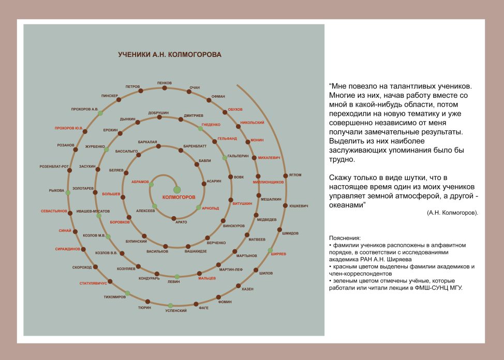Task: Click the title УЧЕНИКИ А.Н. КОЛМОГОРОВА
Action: [170, 54]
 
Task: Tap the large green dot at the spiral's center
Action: [177, 190]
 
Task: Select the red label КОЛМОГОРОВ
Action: [179, 197]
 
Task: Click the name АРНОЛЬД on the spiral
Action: [211, 208]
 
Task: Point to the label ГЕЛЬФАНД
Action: [227, 139]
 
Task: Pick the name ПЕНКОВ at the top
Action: [165, 83]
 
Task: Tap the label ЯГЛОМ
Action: [295, 175]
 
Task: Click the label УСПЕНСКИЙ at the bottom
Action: [176, 310]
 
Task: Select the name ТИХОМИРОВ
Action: [115, 297]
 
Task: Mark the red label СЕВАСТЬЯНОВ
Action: [54, 211]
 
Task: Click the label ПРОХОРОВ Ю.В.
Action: [69, 128]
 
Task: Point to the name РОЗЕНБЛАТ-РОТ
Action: [54, 167]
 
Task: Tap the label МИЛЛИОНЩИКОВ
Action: [268, 182]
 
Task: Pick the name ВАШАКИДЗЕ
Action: [196, 251]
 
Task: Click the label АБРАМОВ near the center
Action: [140, 182]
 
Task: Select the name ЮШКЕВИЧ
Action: [299, 206]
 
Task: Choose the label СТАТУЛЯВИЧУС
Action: [93, 283]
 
